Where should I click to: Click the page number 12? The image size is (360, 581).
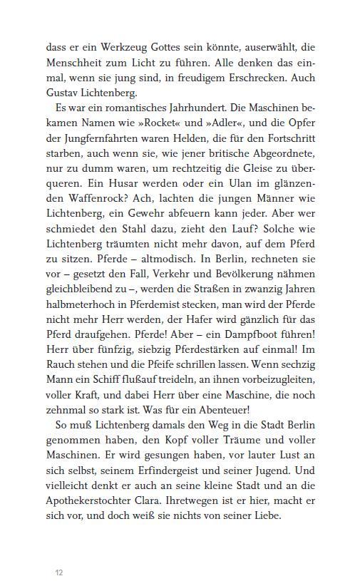59,572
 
